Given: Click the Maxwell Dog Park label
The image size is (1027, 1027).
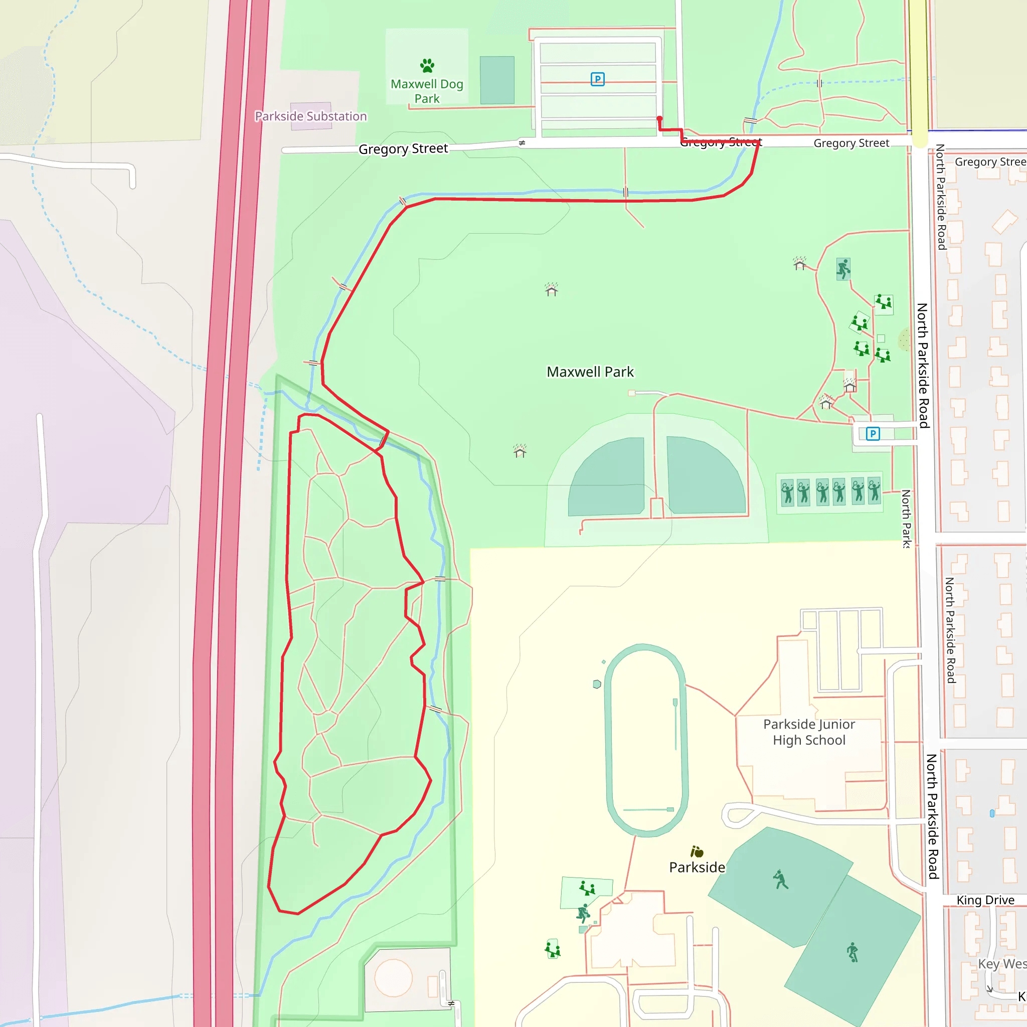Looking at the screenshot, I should click(427, 91).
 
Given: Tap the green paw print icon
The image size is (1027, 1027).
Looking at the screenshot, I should click(427, 65).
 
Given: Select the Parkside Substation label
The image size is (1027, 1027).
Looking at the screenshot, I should click(310, 116).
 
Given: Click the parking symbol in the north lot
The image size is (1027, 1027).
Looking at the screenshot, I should click(597, 79).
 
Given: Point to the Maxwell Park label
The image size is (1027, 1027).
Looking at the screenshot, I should click(590, 372).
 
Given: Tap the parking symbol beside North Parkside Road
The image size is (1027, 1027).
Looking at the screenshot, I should click(873, 434).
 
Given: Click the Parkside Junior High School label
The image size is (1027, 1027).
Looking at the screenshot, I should click(809, 732).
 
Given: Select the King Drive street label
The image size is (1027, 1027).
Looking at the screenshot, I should click(985, 900).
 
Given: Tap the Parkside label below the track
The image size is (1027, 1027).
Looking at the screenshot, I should click(697, 868).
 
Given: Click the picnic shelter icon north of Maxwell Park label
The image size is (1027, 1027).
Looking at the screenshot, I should click(551, 289).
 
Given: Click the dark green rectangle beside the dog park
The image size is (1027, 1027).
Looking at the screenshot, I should click(497, 80).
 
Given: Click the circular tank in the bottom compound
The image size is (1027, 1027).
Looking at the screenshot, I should click(393, 977).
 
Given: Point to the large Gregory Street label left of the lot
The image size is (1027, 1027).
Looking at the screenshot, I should click(403, 149).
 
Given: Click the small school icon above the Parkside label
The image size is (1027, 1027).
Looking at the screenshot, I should click(697, 852).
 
